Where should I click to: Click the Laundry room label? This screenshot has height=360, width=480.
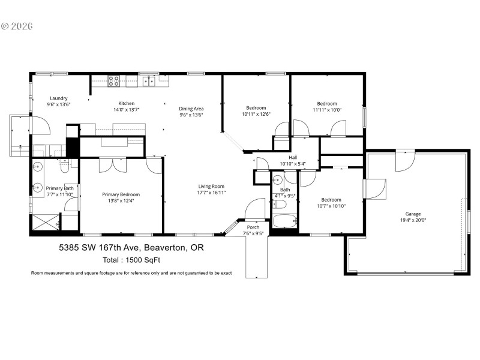click(58, 98)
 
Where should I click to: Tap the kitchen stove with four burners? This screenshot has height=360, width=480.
click(113, 81)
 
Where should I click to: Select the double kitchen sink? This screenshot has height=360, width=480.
click(148, 81)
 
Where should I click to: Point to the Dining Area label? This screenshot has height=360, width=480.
click(191, 109)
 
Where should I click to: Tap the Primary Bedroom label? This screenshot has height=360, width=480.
click(121, 194)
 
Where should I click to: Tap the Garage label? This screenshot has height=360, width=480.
click(412, 214)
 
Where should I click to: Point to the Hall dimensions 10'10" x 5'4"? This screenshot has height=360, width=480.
click(293, 164)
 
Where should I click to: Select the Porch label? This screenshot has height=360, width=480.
click(253, 227)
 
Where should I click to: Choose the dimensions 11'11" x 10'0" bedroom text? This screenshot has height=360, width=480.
click(327, 110)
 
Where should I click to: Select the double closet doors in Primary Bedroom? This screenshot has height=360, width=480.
click(113, 164)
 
